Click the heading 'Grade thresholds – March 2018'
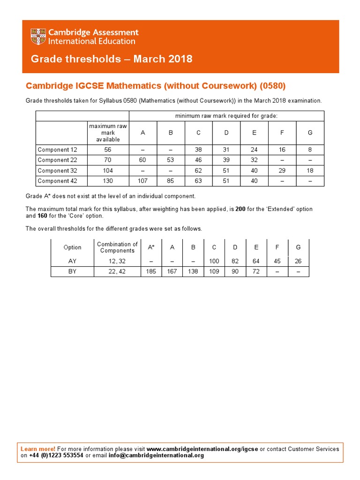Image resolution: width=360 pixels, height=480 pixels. coord(112,59)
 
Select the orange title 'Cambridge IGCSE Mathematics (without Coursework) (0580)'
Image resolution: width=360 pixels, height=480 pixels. coord(155,86)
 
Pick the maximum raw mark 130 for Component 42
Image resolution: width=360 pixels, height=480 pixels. coord(108,181)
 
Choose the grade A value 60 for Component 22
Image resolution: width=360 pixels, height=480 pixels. coord(142,160)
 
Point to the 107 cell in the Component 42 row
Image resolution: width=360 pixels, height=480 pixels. coord(142,181)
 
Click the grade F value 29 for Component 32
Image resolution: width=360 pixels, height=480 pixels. coord(282,171)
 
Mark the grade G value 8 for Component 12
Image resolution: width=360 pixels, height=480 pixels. coord(310,150)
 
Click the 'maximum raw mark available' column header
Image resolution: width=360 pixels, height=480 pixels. coord(108,133)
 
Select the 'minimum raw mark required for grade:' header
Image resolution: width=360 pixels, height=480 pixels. coord(226,116)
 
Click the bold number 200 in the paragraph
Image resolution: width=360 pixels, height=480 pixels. coord(240,209)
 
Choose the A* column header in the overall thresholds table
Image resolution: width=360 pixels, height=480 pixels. coord(151,247)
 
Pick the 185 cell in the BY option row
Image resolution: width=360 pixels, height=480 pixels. coord(151,271)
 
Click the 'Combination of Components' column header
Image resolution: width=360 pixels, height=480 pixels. coord(117,247)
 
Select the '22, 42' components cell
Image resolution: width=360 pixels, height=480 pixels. coord(117,271)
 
